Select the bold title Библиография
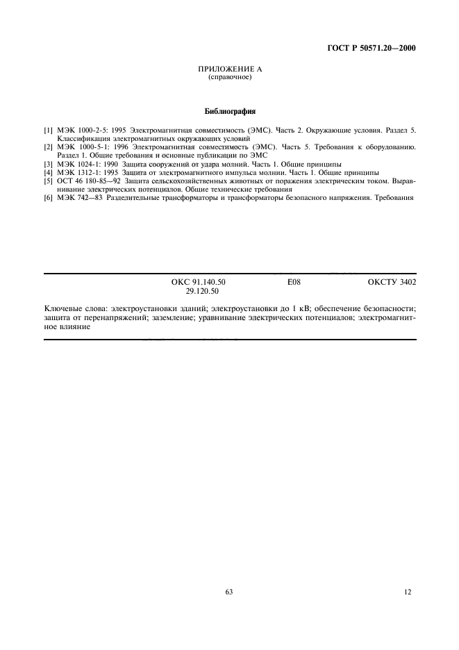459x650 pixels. pos(229,110)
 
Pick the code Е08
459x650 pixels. pos(293,283)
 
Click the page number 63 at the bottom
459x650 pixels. pos(229,592)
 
